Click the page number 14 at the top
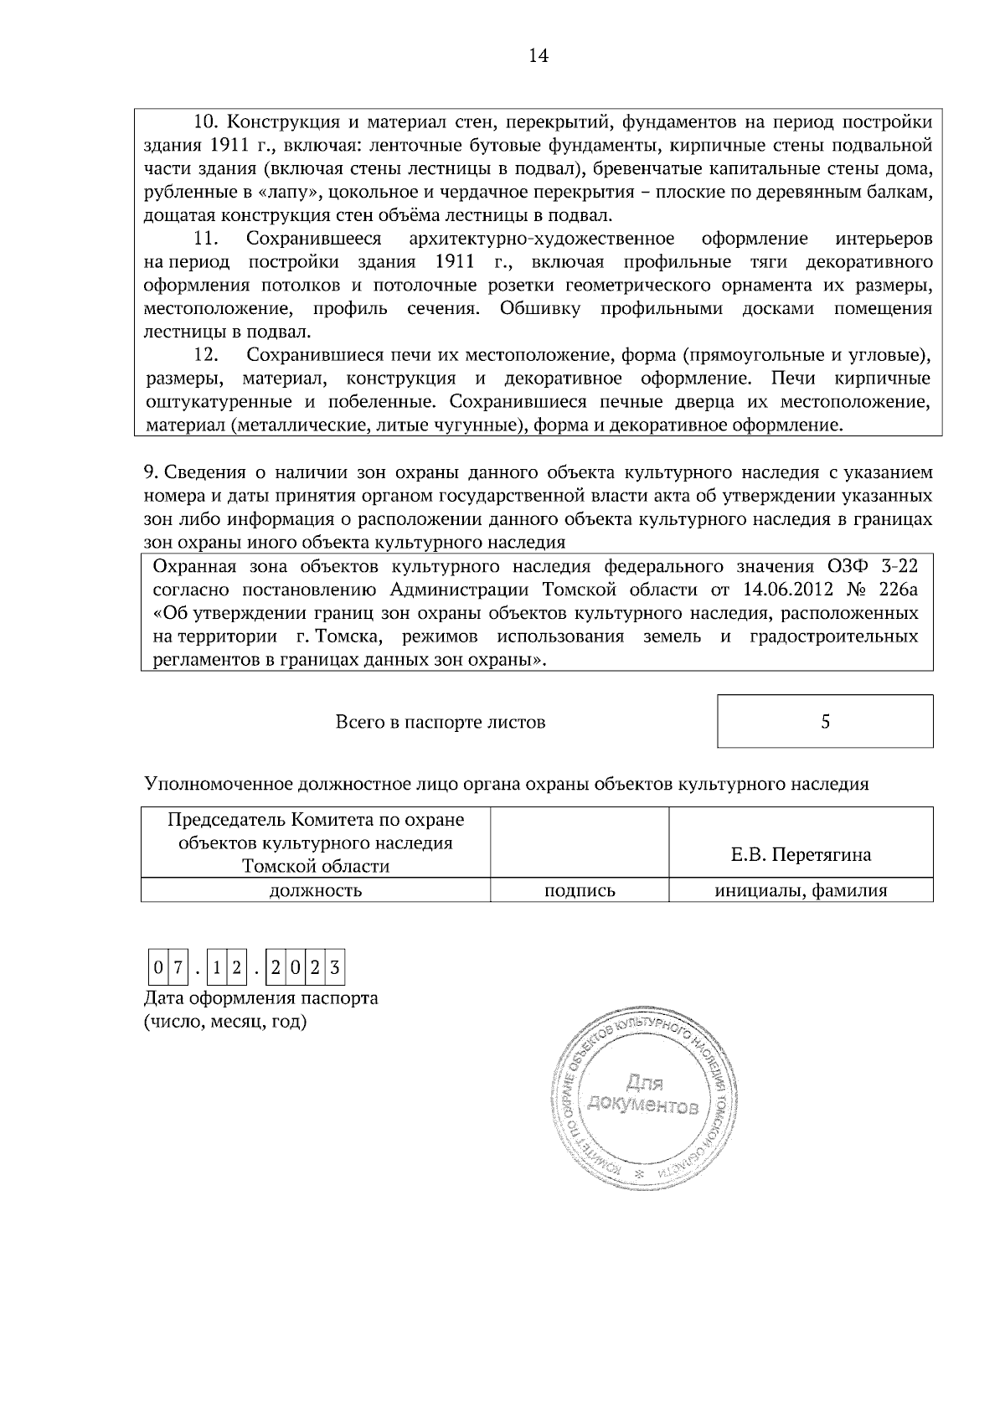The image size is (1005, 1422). click(538, 56)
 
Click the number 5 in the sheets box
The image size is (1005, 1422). click(825, 721)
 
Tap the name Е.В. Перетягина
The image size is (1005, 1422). click(801, 854)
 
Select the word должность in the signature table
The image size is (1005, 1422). click(315, 890)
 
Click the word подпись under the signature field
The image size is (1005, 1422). click(580, 890)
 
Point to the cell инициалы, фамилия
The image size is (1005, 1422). click(801, 890)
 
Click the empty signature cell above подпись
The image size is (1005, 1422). click(580, 842)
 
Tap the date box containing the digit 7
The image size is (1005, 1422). click(177, 969)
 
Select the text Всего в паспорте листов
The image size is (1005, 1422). click(440, 721)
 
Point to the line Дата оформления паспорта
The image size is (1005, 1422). click(260, 998)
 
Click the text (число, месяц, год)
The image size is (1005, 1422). click(225, 1022)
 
